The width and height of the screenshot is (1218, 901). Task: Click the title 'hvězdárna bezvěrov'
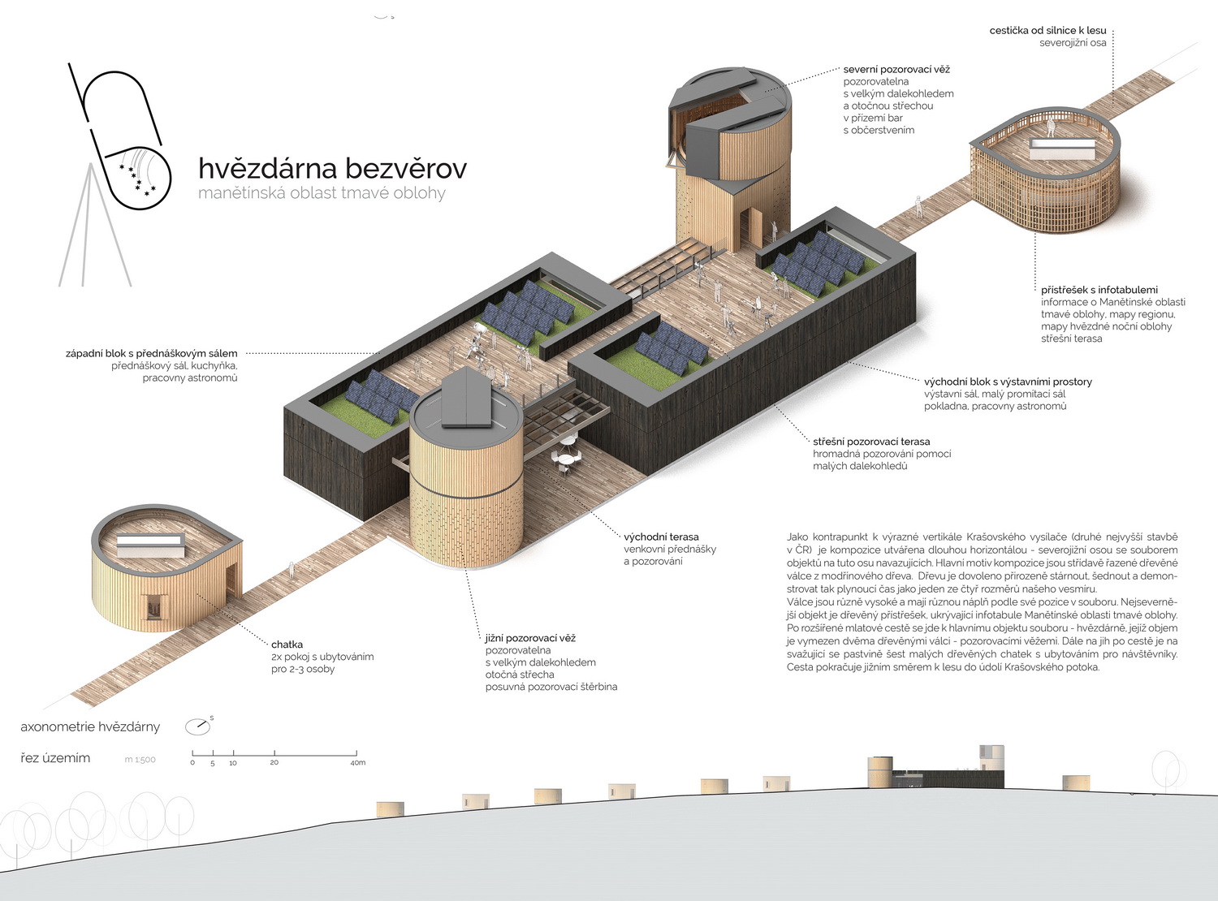332,168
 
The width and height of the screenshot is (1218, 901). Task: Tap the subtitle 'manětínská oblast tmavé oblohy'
322,193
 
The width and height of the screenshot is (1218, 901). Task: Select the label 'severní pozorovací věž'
896,70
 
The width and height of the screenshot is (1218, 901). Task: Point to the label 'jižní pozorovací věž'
530,638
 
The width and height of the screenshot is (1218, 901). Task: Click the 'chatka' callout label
287,644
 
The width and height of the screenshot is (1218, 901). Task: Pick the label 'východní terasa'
661,537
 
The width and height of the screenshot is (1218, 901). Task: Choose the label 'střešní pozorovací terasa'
871,442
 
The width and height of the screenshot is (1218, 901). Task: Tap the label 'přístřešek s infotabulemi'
1099,290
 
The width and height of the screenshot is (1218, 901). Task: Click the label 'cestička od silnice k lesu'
1047,30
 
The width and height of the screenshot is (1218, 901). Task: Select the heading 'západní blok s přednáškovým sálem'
152,354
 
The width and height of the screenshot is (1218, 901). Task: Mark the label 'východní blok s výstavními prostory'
1008,382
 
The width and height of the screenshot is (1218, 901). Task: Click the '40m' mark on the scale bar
357,763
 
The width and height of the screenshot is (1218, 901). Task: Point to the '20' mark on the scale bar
274,763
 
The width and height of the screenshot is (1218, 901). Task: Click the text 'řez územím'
55,758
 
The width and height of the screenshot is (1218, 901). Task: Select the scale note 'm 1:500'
140,760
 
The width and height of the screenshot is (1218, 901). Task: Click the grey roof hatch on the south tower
467,397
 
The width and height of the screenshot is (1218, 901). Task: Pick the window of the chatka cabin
152,606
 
